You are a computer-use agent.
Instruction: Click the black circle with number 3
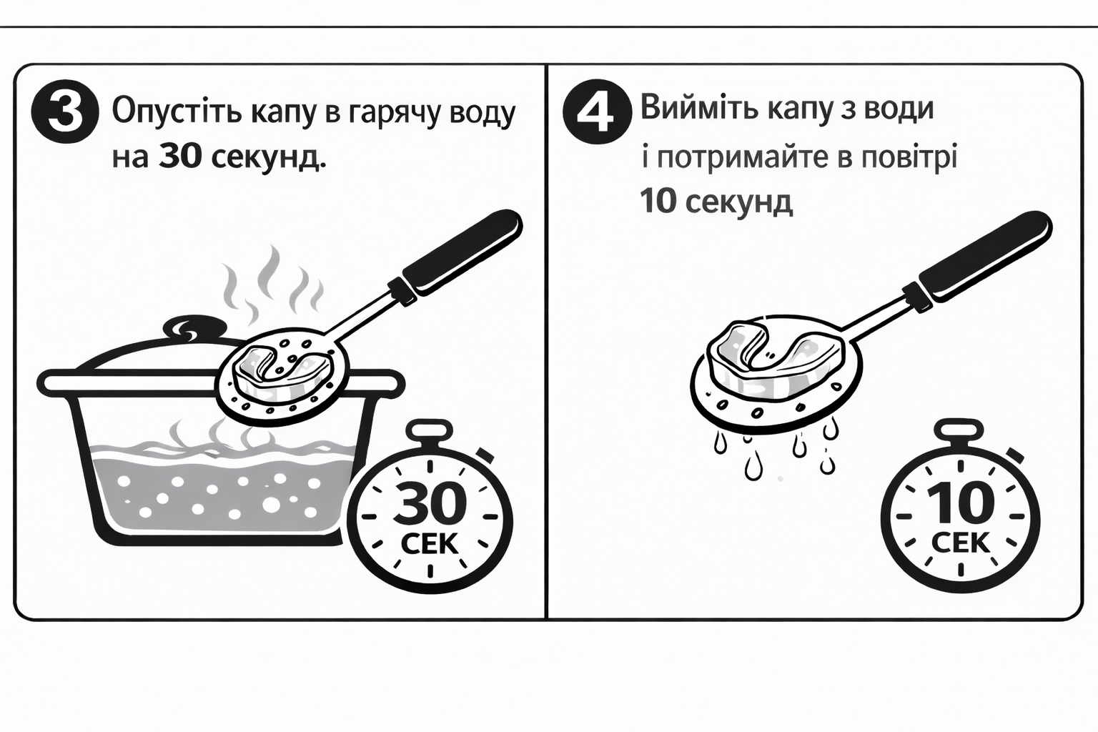tap(65, 114)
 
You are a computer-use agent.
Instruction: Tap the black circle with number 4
tap(598, 114)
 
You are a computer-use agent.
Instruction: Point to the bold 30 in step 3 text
tap(181, 157)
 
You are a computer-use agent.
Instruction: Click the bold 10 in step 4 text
tap(658, 202)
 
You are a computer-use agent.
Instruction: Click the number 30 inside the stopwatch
tap(430, 503)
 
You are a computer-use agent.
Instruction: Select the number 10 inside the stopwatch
tap(961, 503)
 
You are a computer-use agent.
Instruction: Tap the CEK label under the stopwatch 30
tap(430, 544)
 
